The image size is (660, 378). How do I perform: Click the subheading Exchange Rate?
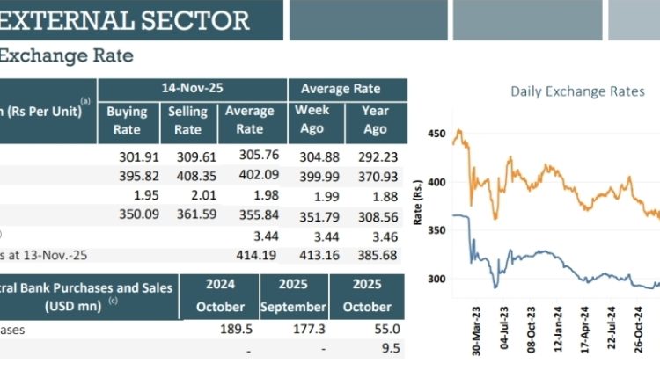[66, 56]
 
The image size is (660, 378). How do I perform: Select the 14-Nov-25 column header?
[193, 89]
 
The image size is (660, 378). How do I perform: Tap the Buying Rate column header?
[127, 120]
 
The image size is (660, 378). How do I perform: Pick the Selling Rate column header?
[187, 120]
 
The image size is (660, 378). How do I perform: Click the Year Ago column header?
[375, 120]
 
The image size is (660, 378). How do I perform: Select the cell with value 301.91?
[136, 158]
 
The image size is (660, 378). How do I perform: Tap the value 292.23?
[379, 158]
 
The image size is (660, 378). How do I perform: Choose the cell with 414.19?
[250, 255]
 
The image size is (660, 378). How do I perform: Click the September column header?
[294, 307]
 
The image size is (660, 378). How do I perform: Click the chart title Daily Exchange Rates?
[577, 91]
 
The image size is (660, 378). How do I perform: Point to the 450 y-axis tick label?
[436, 134]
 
